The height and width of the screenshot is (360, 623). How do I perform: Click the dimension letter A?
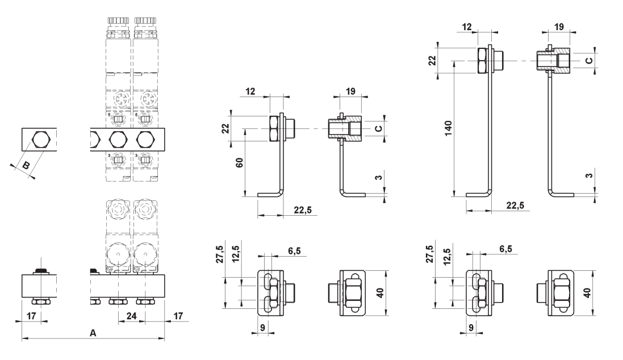[x=93, y=333]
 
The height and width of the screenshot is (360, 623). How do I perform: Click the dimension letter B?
[x=25, y=165]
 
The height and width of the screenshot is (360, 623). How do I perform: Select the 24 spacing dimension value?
[x=131, y=316]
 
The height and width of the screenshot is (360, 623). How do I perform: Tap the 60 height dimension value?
[x=239, y=162]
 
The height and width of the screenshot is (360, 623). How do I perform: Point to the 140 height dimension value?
[x=449, y=128]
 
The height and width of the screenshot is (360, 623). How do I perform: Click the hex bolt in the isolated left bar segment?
[x=40, y=140]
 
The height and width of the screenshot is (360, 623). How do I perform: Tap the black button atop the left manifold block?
[x=41, y=271]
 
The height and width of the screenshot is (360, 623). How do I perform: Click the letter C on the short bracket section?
[x=379, y=128]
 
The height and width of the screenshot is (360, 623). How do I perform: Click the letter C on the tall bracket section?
[x=589, y=60]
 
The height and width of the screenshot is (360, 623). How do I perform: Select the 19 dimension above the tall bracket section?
[x=559, y=27]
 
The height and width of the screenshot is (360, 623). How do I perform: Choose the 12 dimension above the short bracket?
[x=250, y=91]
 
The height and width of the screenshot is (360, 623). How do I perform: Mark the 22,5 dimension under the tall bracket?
[x=515, y=205]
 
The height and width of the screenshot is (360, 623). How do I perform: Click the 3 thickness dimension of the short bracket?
[x=379, y=177]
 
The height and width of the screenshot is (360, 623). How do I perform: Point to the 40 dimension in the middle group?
[x=380, y=293]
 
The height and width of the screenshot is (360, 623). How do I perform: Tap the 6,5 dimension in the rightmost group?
[x=505, y=249]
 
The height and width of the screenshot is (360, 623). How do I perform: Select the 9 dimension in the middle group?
[x=262, y=328]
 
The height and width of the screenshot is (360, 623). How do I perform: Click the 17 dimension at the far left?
[x=31, y=316]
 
